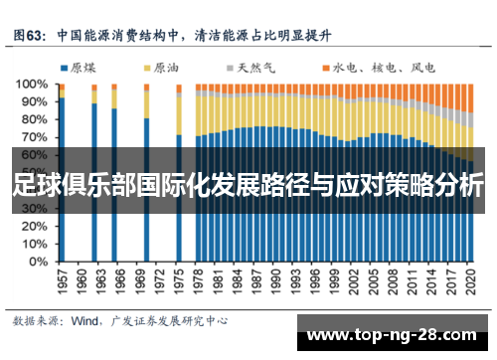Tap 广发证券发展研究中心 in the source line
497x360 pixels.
point(172,321)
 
